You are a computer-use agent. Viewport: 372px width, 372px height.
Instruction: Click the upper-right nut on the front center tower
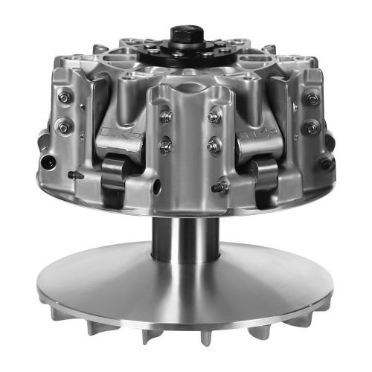pyautogui.click(x=215, y=115)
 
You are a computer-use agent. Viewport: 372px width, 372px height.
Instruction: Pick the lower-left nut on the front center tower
pyautogui.click(x=167, y=145)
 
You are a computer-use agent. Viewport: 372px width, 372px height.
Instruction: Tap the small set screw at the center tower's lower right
pyautogui.click(x=220, y=187)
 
